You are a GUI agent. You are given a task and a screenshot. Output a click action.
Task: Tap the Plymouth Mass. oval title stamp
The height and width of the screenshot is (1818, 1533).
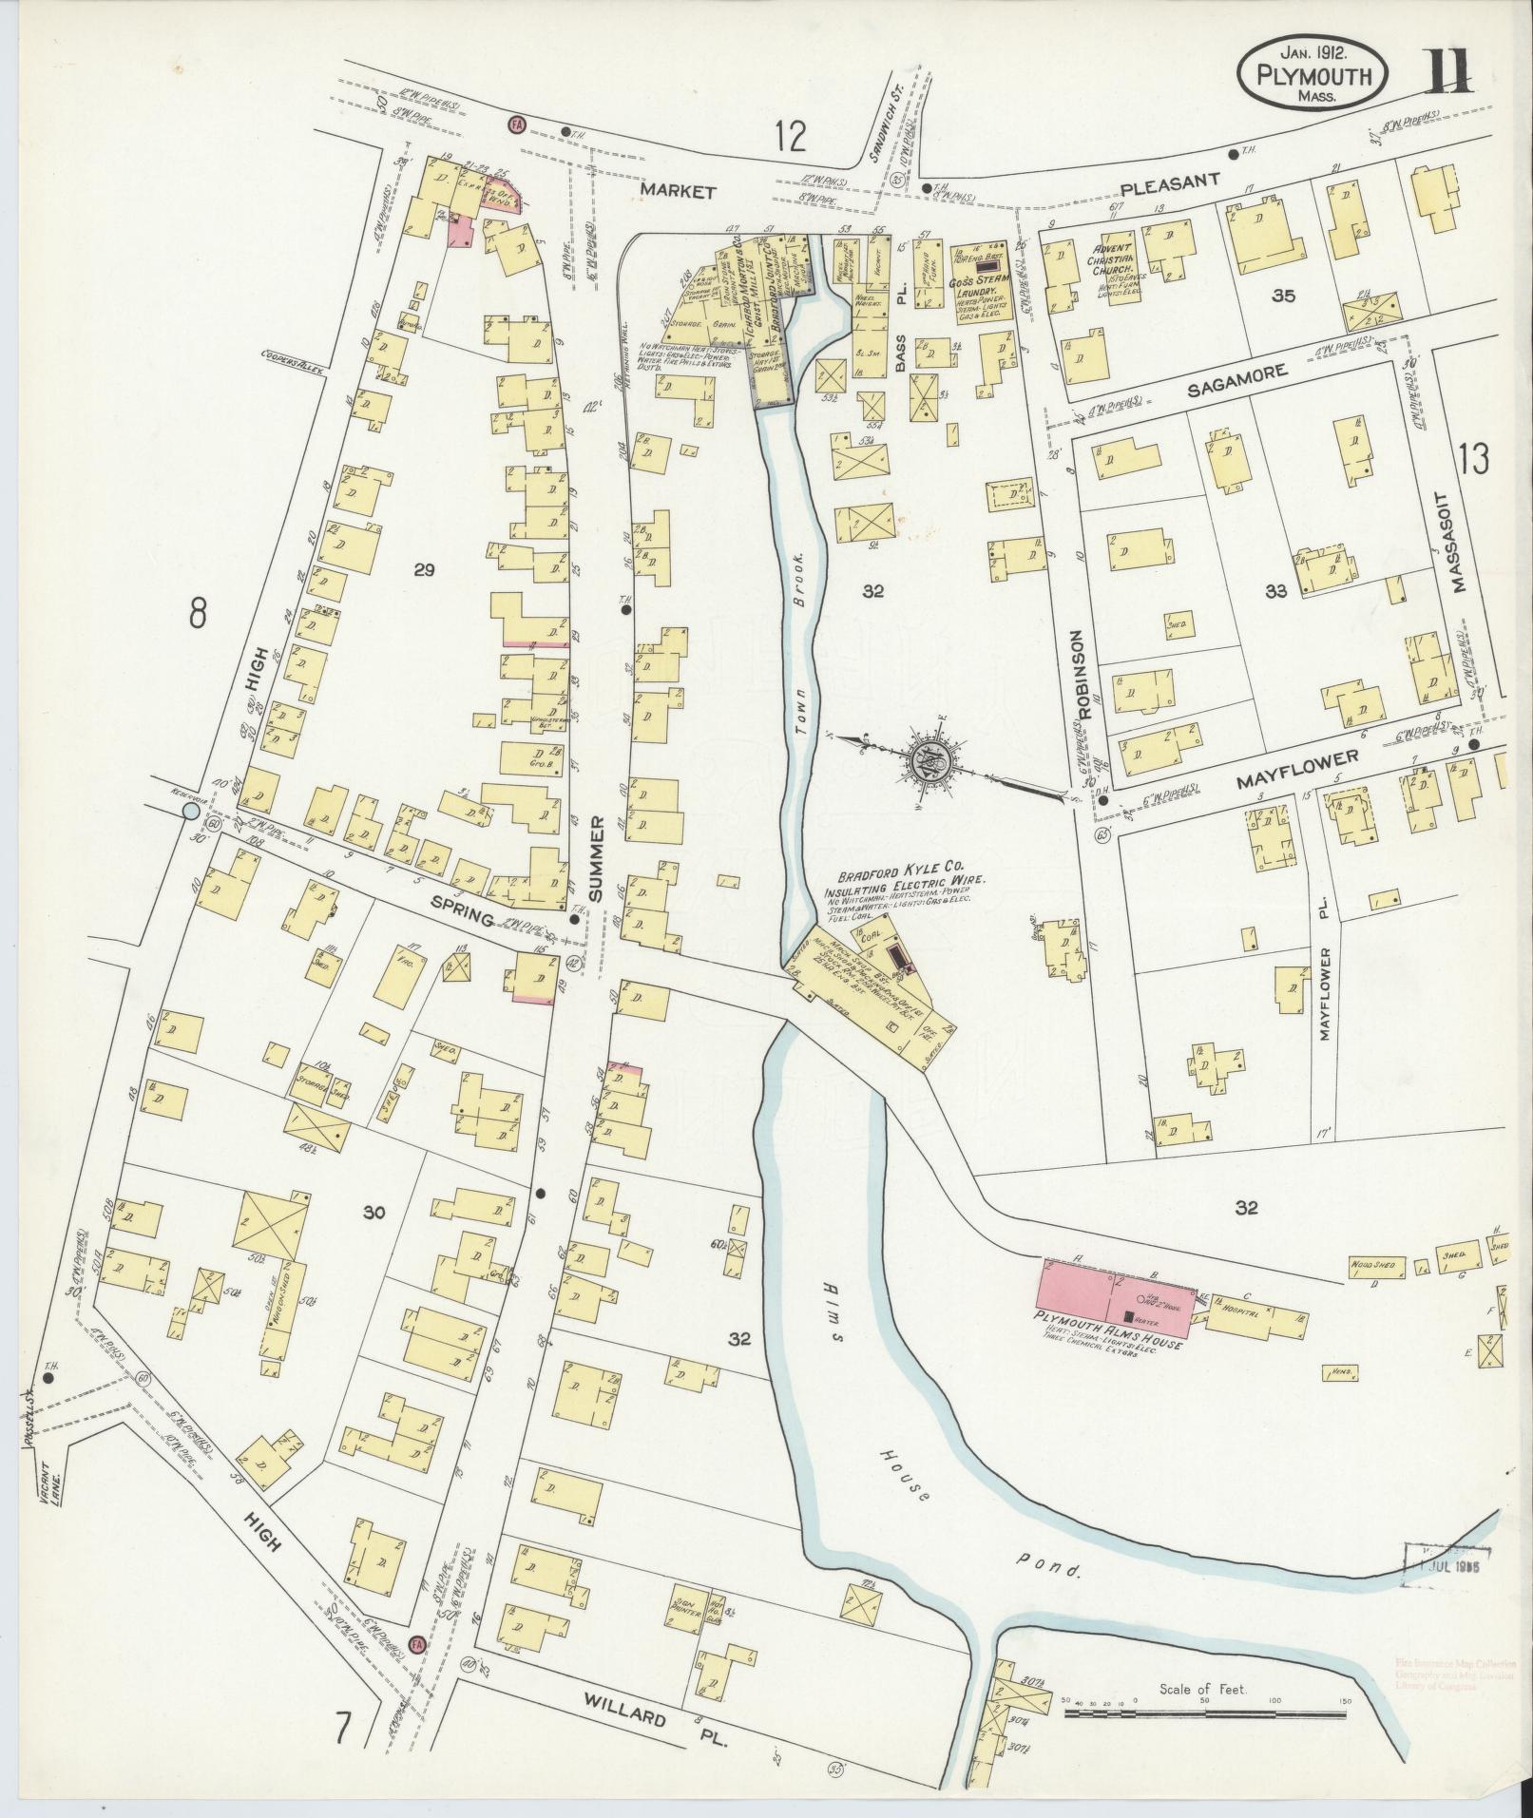[x=1313, y=72]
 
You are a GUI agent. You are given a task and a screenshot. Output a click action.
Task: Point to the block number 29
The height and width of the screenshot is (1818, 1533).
[x=424, y=569]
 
